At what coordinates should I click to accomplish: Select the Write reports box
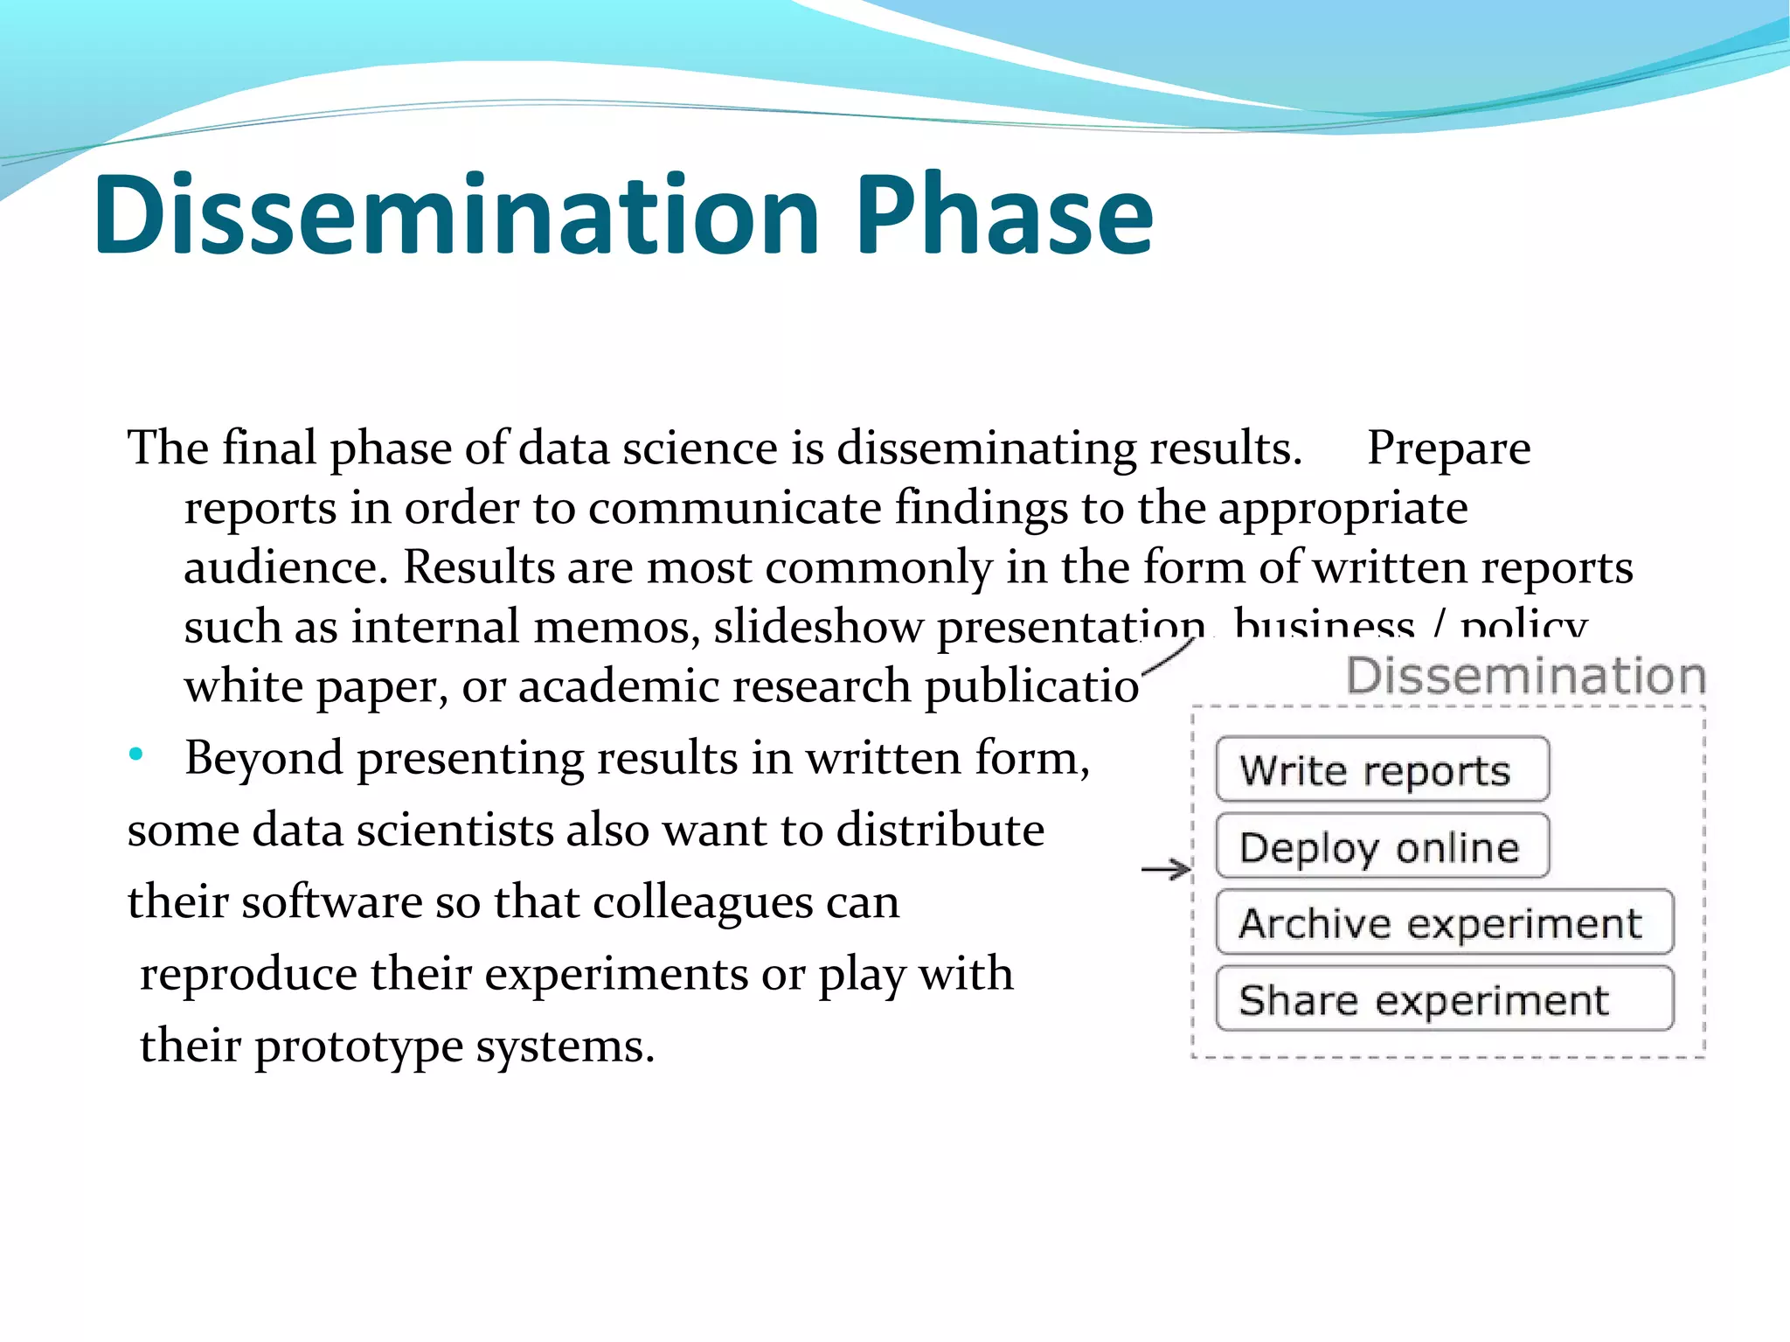tap(1381, 769)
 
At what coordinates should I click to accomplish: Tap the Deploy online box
tap(1381, 846)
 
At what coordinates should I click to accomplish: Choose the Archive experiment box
tap(1443, 923)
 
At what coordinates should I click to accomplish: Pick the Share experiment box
tap(1443, 999)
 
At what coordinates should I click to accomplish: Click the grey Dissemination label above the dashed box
tap(1525, 676)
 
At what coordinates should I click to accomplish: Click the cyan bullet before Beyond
tap(135, 754)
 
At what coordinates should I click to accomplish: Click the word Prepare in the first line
tap(1448, 448)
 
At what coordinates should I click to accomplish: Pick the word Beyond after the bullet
tap(263, 758)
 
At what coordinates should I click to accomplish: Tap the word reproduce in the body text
tap(248, 974)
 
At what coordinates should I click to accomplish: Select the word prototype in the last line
tap(358, 1046)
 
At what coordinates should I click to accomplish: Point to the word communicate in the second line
tap(734, 508)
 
